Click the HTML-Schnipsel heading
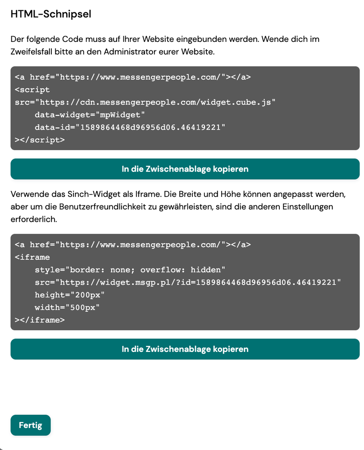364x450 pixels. tap(51, 14)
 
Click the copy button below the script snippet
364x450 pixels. tap(185, 169)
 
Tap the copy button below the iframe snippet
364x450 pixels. tap(185, 349)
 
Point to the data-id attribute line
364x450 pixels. tap(130, 127)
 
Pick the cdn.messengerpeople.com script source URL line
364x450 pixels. tap(145, 102)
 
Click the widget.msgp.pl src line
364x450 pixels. tap(188, 282)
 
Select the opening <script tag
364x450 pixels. tap(32, 90)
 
